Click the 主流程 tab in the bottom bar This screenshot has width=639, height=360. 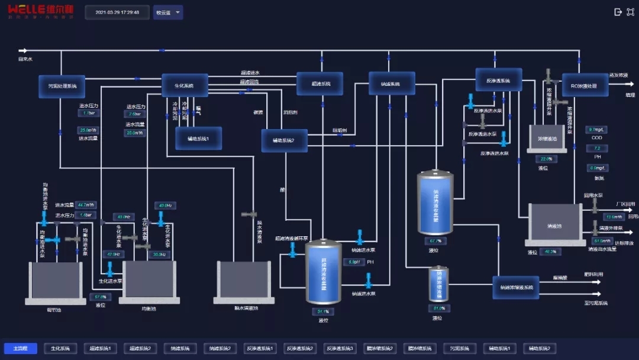pos(20,349)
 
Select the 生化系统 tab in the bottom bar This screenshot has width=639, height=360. pos(60,349)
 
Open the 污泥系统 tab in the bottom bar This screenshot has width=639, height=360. pos(459,349)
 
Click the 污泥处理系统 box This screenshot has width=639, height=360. pos(62,86)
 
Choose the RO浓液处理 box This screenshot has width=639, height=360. pos(585,86)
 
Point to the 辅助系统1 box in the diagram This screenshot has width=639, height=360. pos(198,139)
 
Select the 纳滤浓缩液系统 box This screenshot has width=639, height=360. pos(517,287)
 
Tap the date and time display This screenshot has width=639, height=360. pos(117,12)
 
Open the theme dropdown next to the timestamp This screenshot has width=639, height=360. pos(168,12)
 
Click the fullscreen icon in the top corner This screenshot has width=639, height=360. pos(630,12)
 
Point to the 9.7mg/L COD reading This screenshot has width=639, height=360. pos(596,130)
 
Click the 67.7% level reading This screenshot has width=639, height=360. pos(435,241)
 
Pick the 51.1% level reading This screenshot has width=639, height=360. pos(323,311)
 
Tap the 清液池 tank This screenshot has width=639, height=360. pos(554,224)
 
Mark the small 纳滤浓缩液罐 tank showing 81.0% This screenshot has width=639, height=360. pos(438,285)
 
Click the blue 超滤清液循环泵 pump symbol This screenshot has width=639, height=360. pos(292,250)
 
